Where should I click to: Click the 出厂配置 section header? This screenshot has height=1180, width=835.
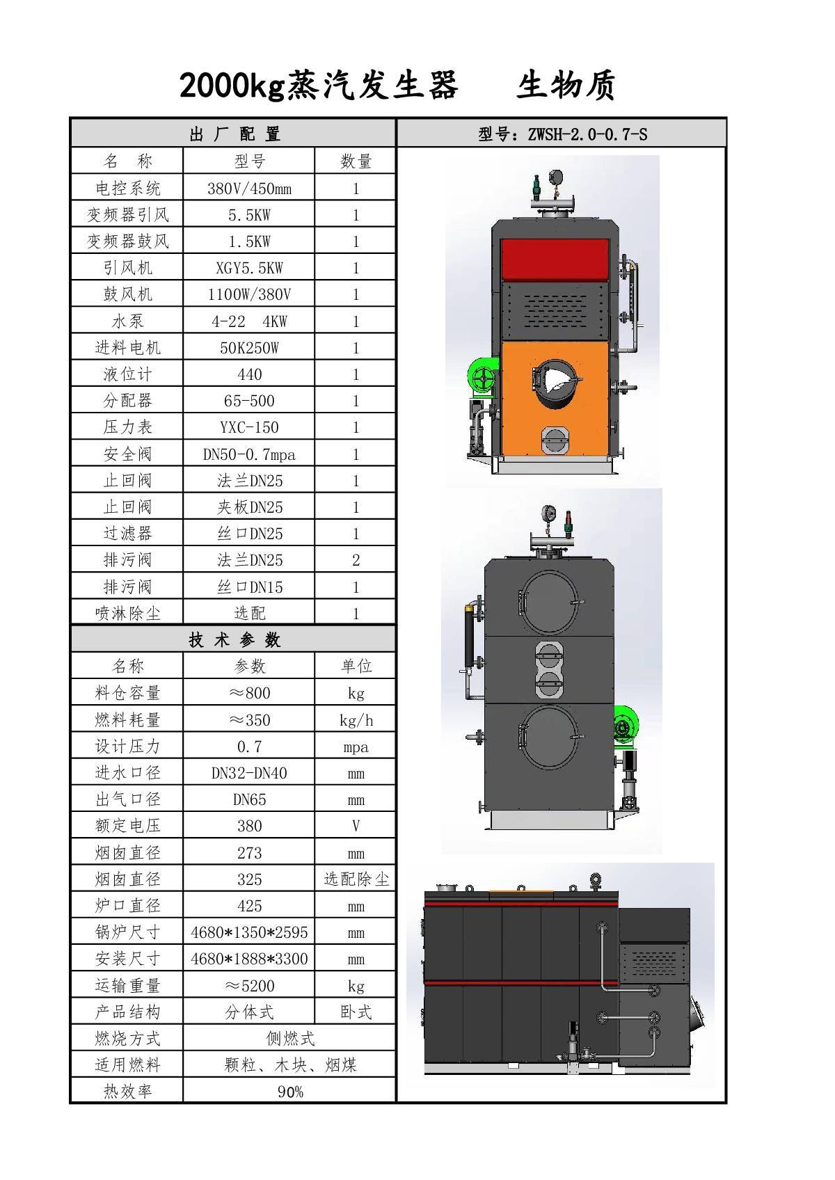[234, 134]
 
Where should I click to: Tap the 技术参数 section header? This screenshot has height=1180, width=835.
[234, 640]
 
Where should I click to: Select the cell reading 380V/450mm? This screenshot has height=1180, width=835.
[249, 189]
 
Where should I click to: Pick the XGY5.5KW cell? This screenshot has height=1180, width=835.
[249, 268]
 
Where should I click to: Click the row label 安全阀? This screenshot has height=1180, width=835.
[127, 454]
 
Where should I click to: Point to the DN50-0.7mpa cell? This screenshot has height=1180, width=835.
[249, 454]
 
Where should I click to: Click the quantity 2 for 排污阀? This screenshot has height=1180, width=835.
[356, 559]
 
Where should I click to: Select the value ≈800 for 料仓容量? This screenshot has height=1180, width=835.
[249, 693]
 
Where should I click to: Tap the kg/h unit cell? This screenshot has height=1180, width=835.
[356, 719]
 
